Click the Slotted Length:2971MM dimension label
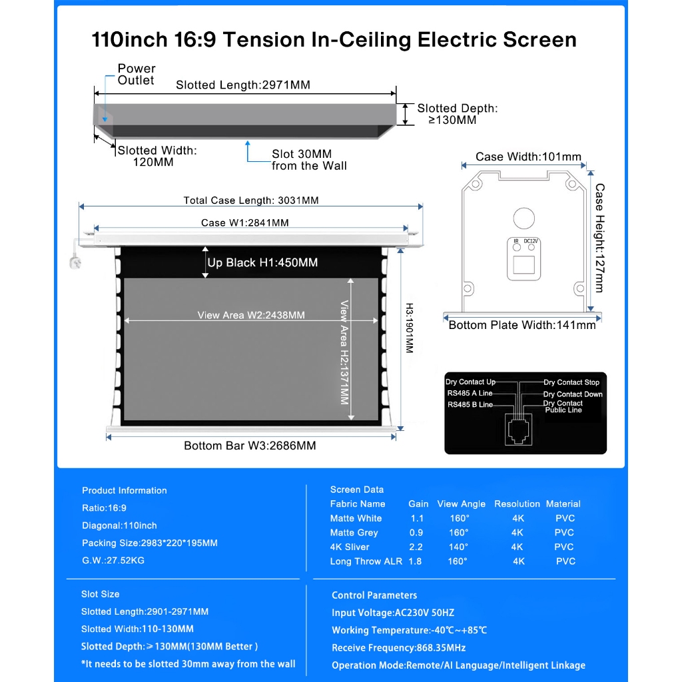(242, 85)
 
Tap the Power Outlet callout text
(136, 75)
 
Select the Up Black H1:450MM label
(262, 263)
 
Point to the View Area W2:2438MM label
(251, 315)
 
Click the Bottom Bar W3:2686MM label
(250, 446)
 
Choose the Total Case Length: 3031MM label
(251, 200)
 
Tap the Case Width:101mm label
(528, 157)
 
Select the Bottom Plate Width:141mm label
(522, 325)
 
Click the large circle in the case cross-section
(523, 218)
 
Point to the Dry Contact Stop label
(571, 382)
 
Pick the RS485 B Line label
(470, 405)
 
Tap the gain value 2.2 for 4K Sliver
(416, 547)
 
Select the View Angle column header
(461, 504)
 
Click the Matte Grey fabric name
(354, 533)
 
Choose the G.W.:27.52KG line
(113, 560)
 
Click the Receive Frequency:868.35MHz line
(398, 648)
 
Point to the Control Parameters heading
(374, 595)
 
